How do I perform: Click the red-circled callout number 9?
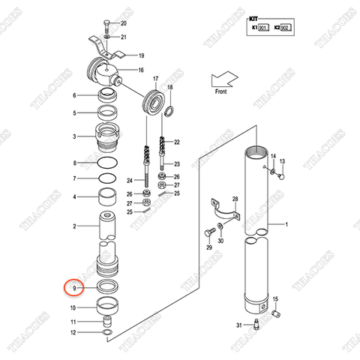pyautogui.click(x=73, y=287)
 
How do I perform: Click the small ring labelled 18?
pyautogui.click(x=170, y=112)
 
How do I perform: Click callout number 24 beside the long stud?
pyautogui.click(x=130, y=181)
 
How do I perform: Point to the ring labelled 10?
pyautogui.click(x=109, y=306)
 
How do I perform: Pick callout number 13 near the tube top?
pyautogui.click(x=283, y=161)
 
